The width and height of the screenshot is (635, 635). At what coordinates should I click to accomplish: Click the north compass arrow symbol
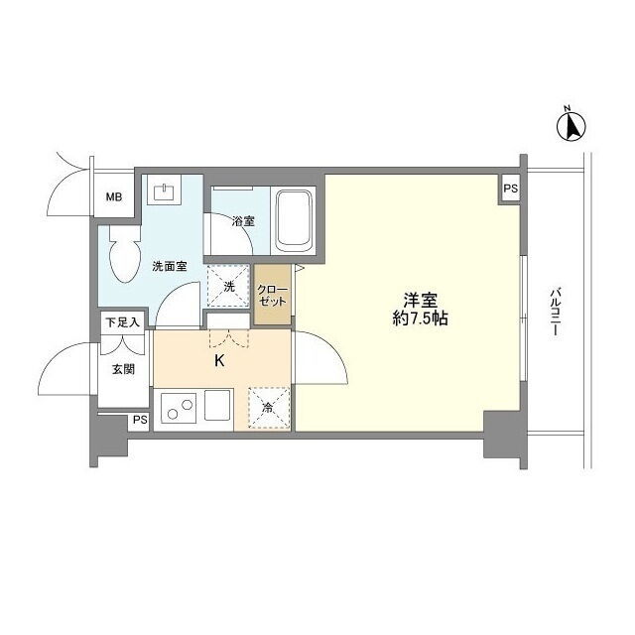click(571, 126)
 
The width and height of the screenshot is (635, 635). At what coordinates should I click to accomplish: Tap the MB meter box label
click(114, 197)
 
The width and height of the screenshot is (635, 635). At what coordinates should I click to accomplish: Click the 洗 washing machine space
click(228, 287)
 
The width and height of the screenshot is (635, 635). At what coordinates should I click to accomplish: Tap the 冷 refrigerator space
click(269, 408)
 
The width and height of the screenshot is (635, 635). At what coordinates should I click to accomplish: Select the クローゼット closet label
click(272, 295)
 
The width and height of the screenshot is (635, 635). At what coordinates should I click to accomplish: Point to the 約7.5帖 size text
click(420, 319)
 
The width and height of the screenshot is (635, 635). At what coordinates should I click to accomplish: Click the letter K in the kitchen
click(219, 360)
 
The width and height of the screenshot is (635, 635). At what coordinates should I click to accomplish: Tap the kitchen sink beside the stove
click(217, 405)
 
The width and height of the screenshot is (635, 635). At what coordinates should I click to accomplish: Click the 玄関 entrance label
click(123, 369)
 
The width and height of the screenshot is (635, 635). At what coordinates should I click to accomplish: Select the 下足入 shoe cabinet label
click(122, 322)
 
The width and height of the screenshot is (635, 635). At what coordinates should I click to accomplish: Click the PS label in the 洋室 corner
click(511, 189)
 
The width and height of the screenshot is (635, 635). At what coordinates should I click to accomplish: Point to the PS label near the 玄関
click(140, 420)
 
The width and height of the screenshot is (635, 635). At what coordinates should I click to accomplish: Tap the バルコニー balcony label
click(556, 312)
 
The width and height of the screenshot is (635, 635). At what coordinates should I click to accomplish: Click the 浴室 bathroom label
click(243, 221)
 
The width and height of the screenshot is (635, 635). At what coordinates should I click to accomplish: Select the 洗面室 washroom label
click(170, 267)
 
